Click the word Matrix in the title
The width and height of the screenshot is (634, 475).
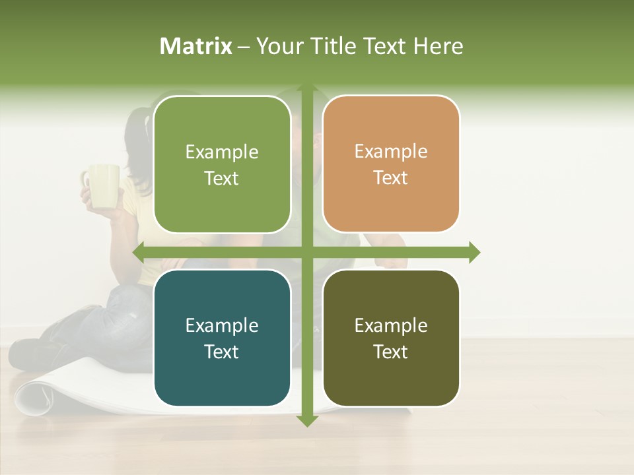click(196, 46)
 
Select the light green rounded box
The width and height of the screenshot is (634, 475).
click(222, 165)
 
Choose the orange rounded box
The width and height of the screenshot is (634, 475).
click(391, 164)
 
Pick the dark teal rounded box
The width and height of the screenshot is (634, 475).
click(222, 338)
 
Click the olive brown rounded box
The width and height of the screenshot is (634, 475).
click(391, 338)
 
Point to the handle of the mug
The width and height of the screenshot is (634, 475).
click(86, 180)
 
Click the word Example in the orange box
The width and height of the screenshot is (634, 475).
click(391, 151)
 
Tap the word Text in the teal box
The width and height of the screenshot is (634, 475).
click(222, 352)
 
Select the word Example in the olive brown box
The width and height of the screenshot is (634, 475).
click(391, 325)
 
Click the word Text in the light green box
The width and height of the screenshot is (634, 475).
click(222, 178)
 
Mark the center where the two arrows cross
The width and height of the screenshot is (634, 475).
click(306, 253)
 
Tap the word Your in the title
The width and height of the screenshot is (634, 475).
click(279, 46)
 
